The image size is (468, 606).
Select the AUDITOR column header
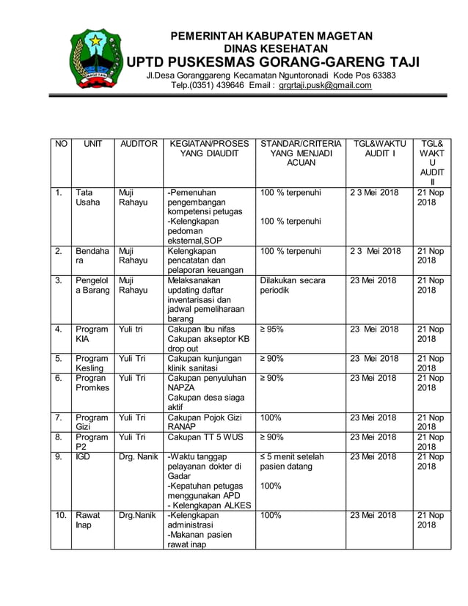(138, 144)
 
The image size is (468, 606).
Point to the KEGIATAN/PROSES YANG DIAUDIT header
(208, 149)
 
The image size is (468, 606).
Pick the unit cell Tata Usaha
(87, 197)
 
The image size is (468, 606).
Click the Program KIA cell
(91, 335)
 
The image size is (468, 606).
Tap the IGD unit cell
(83, 456)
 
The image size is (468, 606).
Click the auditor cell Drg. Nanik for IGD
(138, 456)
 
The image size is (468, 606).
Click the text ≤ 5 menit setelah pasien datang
(291, 461)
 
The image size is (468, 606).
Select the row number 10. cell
(59, 515)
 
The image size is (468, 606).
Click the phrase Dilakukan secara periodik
(292, 285)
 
